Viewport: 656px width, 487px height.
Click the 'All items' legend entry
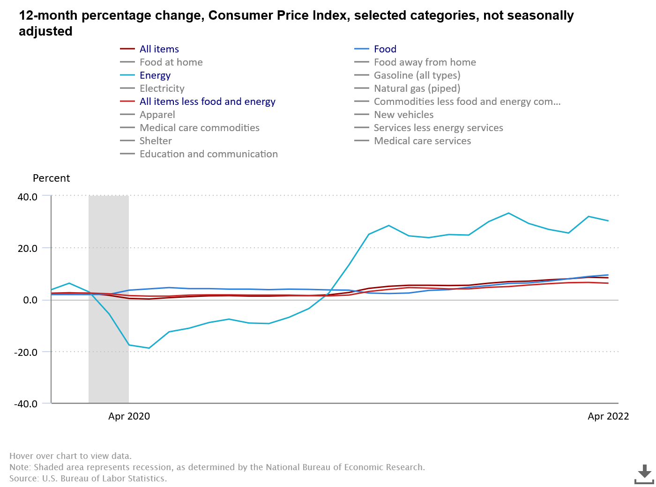coord(159,49)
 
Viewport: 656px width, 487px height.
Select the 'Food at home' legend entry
coord(171,62)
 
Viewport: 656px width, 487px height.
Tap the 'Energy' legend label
coord(155,75)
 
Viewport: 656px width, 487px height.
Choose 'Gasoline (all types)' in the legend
coord(417,75)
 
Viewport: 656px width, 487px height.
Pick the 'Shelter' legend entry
coord(156,141)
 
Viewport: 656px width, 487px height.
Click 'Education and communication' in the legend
coord(209,154)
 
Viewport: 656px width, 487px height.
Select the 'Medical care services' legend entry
coord(422,141)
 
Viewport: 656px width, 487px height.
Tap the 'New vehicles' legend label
coord(403,115)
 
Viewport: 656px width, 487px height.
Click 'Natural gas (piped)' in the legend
coord(417,89)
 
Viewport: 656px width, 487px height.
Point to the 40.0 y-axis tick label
coord(28,197)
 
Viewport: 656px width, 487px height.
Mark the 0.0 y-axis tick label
coord(30,300)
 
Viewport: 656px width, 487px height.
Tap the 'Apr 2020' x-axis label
coord(129,416)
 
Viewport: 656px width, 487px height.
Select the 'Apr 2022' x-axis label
coord(608,416)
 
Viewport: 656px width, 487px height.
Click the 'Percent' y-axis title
coord(51,178)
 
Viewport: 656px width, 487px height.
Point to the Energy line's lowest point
coord(149,348)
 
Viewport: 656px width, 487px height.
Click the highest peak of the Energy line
coord(508,213)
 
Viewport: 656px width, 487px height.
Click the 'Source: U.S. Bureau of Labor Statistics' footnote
coord(88,479)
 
